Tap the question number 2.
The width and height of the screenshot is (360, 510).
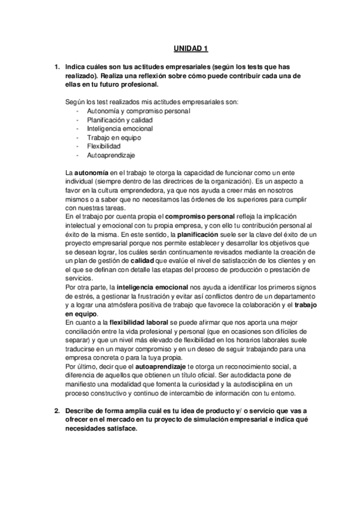click(56, 411)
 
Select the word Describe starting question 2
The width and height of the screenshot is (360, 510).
click(83, 411)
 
